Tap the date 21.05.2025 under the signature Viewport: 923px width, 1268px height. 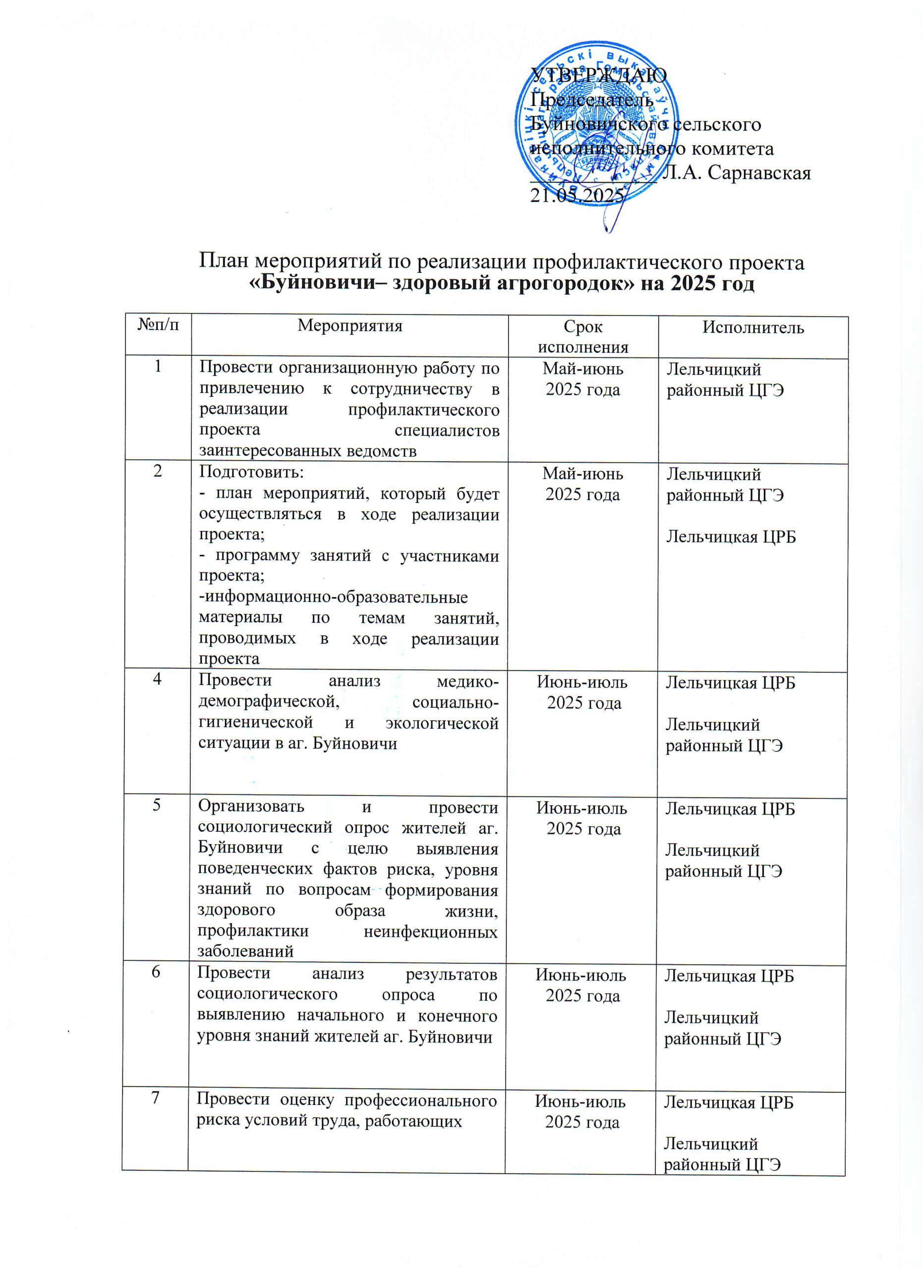(x=577, y=195)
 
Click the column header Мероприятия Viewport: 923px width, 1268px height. (x=349, y=326)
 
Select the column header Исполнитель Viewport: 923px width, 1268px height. (x=753, y=327)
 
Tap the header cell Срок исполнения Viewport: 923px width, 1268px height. (x=583, y=337)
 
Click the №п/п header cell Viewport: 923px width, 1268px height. (x=158, y=325)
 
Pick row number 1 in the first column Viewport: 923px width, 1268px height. (x=158, y=366)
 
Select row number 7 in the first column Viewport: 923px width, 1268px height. (x=156, y=1100)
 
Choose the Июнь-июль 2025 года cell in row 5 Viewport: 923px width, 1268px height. (x=582, y=818)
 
